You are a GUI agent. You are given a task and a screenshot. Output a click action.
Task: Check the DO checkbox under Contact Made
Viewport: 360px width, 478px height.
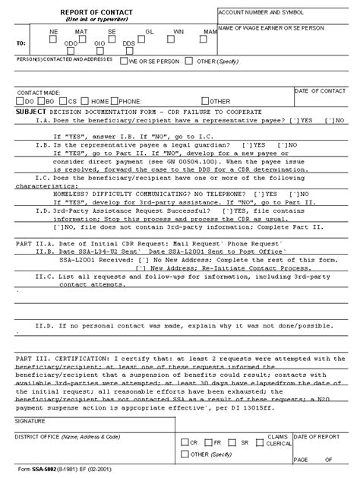(x=21, y=100)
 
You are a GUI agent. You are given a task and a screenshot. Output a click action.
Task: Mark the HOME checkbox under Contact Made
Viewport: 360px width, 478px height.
(x=86, y=100)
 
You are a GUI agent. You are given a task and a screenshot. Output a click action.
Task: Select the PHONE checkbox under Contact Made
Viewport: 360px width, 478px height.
(x=114, y=100)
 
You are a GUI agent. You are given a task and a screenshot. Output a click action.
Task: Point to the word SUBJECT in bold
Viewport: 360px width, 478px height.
(x=31, y=111)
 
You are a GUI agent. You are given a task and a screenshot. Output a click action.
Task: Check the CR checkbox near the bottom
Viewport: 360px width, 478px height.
(x=184, y=442)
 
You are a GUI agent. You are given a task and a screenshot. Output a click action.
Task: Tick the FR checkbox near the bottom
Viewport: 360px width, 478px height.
(x=210, y=442)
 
